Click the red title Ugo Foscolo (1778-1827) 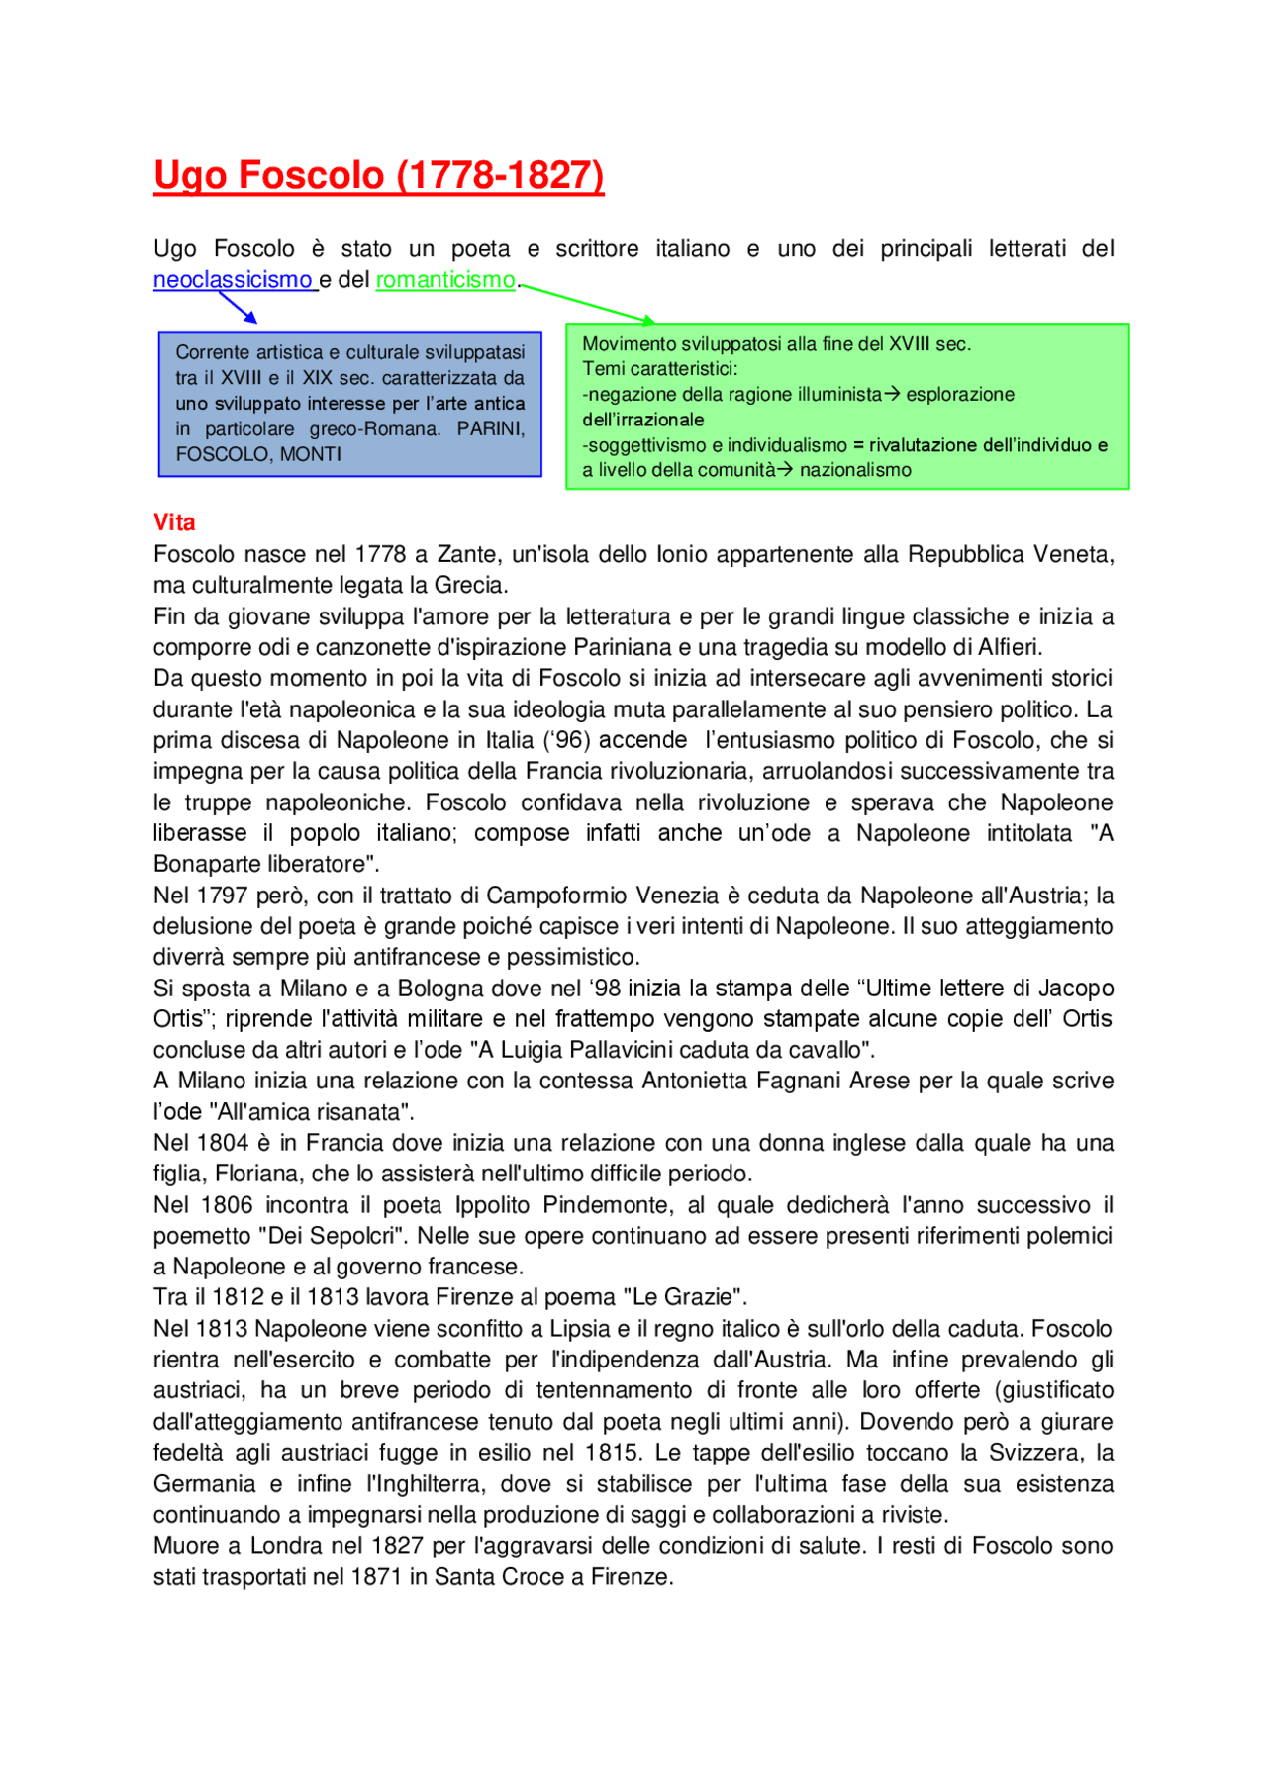point(378,176)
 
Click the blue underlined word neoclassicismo point(233,280)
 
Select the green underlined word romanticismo point(445,280)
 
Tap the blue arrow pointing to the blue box point(239,308)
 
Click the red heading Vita point(174,522)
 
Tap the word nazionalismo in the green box point(855,470)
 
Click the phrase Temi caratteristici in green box point(659,369)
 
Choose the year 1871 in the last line point(376,1577)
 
